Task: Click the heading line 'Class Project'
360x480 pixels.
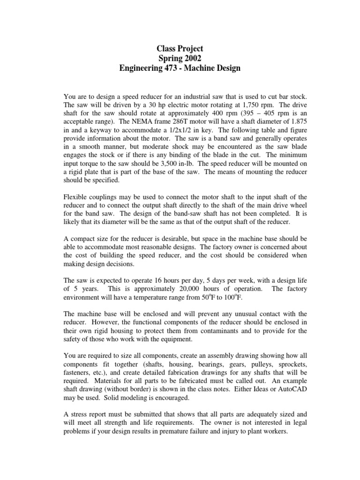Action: (180, 48)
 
